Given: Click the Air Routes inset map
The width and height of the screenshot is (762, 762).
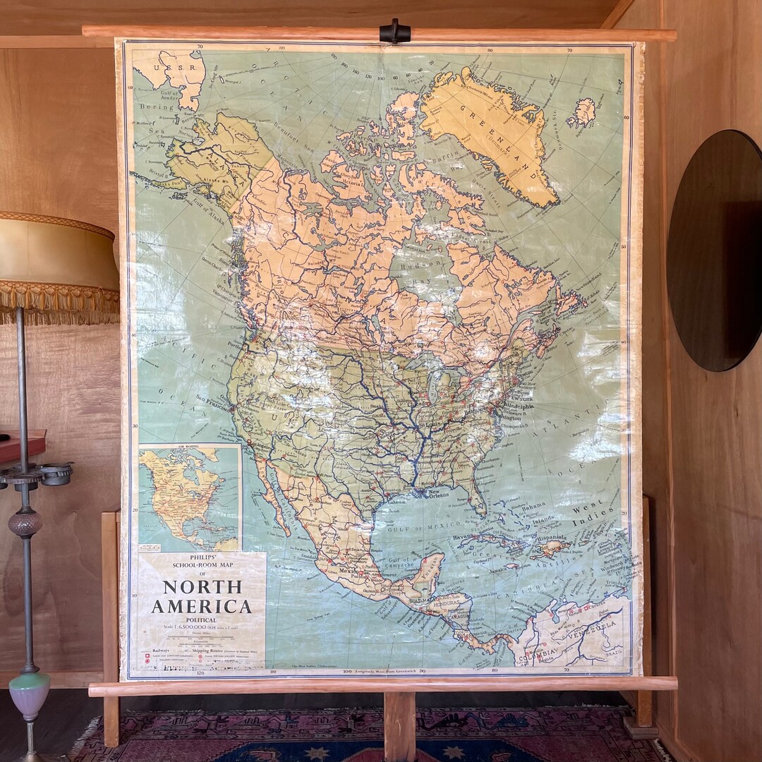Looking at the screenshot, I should [x=190, y=497].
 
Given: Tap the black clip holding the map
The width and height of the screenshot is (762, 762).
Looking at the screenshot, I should [x=394, y=31].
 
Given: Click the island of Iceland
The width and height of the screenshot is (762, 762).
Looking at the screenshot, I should [x=581, y=112].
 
